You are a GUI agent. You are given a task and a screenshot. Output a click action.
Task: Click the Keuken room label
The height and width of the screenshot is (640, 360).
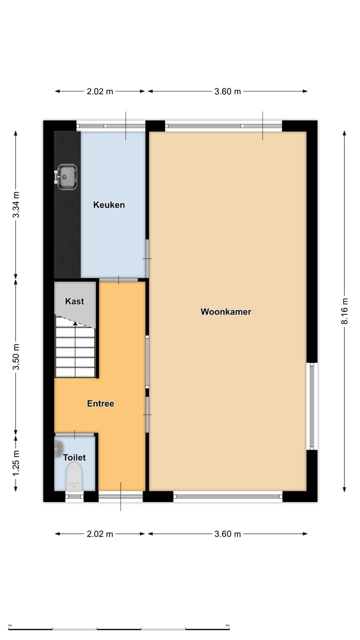click(x=108, y=205)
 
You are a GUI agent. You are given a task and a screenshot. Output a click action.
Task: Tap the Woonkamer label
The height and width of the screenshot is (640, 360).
click(x=225, y=312)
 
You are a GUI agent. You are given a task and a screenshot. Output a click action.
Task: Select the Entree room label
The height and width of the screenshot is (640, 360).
click(x=100, y=403)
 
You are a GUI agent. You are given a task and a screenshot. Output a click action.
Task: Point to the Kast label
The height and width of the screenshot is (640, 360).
click(x=74, y=301)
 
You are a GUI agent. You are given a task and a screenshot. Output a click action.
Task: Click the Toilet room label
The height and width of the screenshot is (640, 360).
click(x=74, y=457)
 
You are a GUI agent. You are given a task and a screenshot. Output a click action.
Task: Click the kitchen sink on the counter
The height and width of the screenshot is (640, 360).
click(x=66, y=177)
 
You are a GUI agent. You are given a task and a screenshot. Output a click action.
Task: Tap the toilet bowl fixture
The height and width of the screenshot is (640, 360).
click(x=74, y=476)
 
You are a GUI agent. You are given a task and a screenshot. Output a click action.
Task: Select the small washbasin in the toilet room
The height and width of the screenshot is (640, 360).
click(x=58, y=448)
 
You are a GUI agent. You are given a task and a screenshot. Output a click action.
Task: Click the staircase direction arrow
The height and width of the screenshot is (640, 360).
click(x=75, y=323)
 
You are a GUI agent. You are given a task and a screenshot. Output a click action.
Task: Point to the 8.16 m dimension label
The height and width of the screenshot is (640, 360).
click(x=345, y=311)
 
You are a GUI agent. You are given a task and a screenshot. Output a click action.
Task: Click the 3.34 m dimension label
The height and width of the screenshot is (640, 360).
click(x=16, y=204)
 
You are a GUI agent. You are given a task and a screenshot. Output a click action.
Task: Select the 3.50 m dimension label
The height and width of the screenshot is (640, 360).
click(x=16, y=356)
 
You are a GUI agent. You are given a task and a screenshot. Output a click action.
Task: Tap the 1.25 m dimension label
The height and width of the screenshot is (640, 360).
click(x=16, y=463)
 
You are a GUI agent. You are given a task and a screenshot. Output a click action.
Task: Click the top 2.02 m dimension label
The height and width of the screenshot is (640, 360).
click(x=100, y=91)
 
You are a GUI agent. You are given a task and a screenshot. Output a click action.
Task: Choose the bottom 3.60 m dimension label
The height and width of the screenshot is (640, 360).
click(x=227, y=534)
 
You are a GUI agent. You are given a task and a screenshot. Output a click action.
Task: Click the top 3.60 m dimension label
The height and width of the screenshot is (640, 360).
click(x=227, y=91)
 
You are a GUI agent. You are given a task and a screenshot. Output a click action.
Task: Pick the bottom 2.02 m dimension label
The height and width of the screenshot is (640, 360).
click(x=100, y=534)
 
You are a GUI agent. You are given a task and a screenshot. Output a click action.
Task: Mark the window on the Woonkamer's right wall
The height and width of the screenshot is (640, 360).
click(x=311, y=406)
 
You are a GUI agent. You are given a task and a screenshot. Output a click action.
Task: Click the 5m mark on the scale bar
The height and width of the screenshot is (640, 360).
click(x=227, y=625)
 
